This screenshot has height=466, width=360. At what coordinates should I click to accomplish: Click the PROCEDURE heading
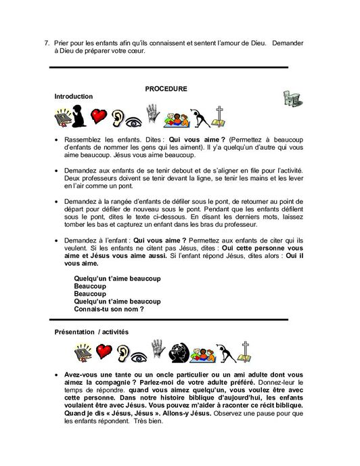click(165, 89)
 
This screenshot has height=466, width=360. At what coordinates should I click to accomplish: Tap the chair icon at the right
click(292, 98)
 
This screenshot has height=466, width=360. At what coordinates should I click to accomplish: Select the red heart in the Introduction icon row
click(99, 117)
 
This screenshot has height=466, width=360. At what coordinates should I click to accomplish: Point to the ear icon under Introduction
click(118, 119)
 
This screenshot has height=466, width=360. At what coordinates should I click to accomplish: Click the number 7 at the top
click(47, 43)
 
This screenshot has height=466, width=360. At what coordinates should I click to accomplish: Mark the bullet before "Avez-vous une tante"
click(56, 375)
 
